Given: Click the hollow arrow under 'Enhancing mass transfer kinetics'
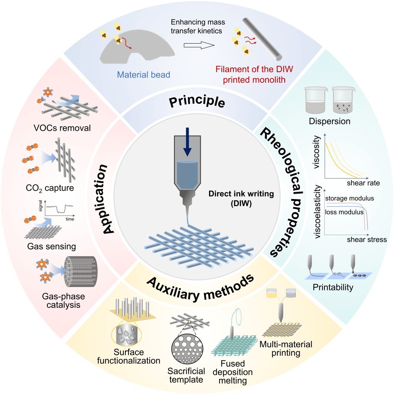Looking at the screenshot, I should click(x=198, y=45).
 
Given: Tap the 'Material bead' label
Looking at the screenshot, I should click(x=144, y=75).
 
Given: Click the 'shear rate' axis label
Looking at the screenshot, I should click(x=363, y=183).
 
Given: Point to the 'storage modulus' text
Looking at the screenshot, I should click(x=350, y=199).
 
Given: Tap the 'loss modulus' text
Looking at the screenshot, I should click(x=344, y=212).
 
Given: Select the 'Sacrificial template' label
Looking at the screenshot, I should click(x=186, y=375).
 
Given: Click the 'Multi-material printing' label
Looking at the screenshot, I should click(x=286, y=348).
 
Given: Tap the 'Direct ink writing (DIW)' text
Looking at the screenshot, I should click(x=241, y=199).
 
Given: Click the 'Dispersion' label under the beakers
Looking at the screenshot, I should click(x=329, y=121).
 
